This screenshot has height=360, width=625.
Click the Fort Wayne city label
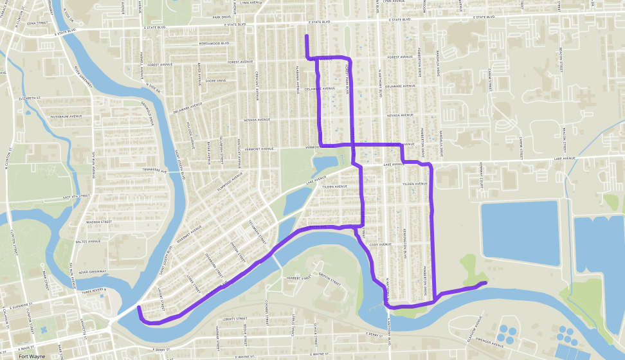click(32, 356)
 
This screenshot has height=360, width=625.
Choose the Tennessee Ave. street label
click(154, 172)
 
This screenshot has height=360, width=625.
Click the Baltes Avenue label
click(89, 242)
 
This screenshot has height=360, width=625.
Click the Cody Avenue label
click(381, 244)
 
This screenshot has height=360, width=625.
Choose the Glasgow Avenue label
click(478, 321)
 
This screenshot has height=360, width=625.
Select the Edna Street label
click(39, 22)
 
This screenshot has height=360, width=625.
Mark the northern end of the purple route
click(307, 36)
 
